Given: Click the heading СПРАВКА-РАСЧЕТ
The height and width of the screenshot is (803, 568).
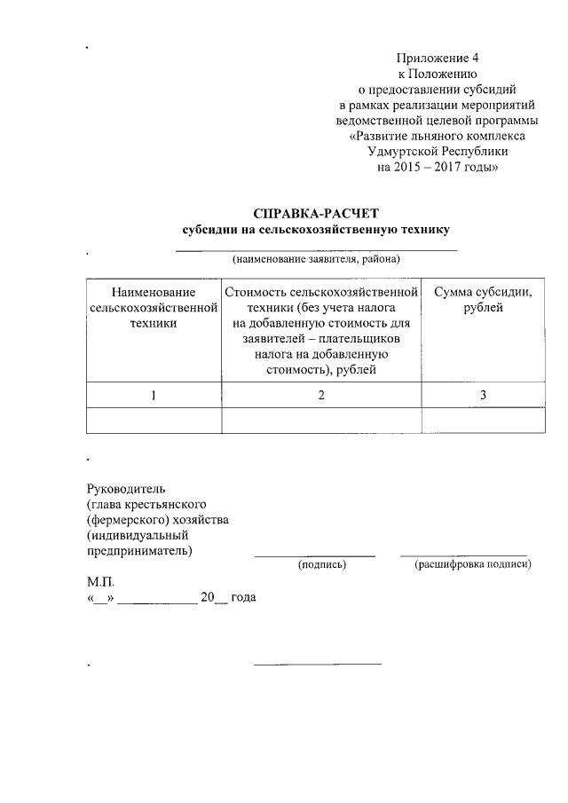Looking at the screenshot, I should point(316,213).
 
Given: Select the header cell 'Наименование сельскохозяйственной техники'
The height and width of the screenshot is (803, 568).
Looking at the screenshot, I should point(154,307).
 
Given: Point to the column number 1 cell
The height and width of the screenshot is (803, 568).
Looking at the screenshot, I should point(154,395).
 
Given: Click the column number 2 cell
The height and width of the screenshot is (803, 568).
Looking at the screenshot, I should point(321,395).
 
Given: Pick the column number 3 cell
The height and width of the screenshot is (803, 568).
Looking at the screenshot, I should point(483,395).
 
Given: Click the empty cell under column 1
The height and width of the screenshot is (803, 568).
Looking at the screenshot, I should point(154,420).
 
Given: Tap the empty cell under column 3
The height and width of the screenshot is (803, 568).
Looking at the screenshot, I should point(483,420).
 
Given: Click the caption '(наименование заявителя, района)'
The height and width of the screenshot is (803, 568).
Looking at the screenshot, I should point(316,260).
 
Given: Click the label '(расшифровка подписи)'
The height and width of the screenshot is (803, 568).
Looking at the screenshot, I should point(473,564).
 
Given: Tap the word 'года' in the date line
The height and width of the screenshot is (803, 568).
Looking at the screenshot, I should point(243,599).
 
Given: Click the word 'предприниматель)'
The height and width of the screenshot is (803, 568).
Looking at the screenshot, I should point(139,551).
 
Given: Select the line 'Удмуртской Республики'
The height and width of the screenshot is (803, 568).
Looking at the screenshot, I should point(438,152).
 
